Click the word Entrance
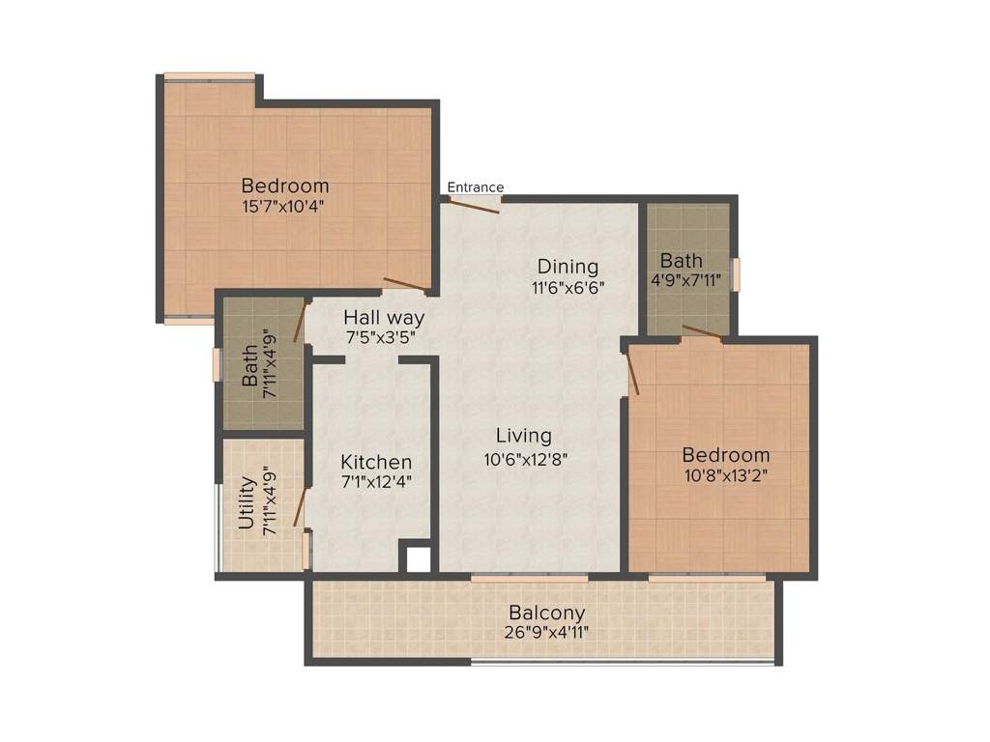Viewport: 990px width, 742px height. tap(476, 187)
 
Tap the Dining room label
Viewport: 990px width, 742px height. tap(568, 267)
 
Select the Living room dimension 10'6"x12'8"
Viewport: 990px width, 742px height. tap(525, 460)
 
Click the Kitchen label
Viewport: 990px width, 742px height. tap(376, 462)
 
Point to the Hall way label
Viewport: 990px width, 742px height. tap(384, 317)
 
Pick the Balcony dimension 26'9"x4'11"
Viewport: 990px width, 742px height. tap(547, 633)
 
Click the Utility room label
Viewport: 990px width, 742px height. tap(247, 503)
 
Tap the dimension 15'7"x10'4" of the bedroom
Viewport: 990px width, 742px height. tap(285, 206)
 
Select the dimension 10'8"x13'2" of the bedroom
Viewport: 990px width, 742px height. tap(726, 475)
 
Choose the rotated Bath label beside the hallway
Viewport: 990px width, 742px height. tap(249, 366)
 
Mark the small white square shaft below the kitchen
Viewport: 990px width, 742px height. tap(418, 559)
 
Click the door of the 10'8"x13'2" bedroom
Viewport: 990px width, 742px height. tap(633, 373)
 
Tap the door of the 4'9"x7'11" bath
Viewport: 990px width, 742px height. tap(702, 331)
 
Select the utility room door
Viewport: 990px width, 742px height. tap(300, 506)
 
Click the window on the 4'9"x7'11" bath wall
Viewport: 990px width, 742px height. tap(735, 273)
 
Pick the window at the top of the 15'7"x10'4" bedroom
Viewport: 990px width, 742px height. tap(209, 76)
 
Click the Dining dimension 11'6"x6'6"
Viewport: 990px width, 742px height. tap(568, 288)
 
